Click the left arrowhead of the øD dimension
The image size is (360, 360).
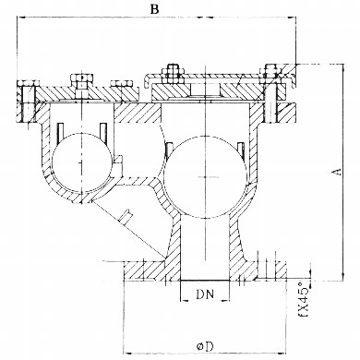tap(127, 352)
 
